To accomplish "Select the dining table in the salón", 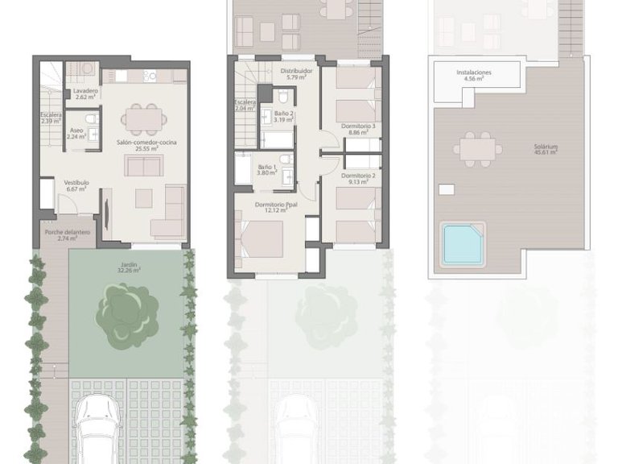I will (141, 120).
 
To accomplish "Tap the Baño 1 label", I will (266, 169).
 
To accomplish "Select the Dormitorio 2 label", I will (359, 178).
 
